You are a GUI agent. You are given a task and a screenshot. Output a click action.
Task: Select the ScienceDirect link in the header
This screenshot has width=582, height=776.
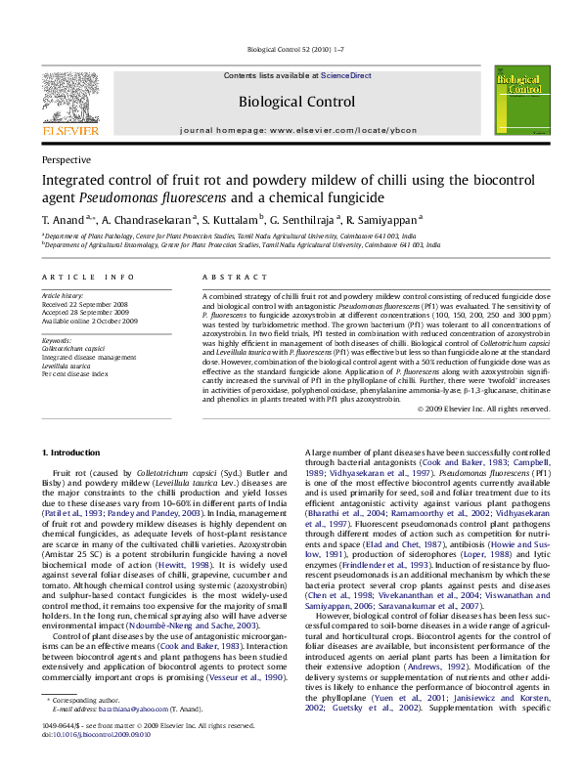point(346,75)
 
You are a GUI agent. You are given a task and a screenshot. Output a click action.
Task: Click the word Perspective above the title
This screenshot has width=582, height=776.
point(66,159)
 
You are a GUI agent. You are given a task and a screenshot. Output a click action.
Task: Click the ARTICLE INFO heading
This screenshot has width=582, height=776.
point(88,278)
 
